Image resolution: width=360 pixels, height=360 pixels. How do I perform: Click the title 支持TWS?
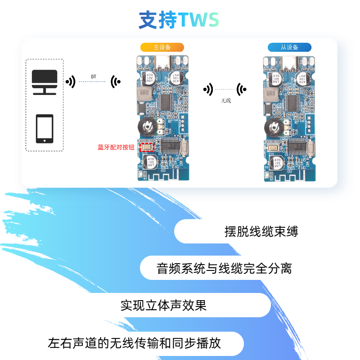(179, 20)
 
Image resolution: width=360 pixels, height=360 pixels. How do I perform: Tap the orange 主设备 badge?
(162, 47)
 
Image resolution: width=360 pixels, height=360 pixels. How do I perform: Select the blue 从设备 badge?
(289, 47)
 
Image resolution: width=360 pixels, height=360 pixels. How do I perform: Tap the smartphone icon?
(45, 129)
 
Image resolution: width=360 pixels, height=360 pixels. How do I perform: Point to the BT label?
(94, 77)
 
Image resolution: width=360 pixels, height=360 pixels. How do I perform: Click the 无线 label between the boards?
(225, 101)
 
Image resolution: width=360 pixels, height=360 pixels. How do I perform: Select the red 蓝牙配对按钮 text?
(116, 147)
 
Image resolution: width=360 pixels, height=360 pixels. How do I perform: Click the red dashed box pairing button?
(147, 146)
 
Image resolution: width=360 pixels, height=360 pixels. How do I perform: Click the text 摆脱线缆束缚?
(261, 232)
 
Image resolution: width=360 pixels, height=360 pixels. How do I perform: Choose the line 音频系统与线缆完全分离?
(224, 269)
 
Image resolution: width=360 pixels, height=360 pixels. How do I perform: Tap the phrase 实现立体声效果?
(163, 306)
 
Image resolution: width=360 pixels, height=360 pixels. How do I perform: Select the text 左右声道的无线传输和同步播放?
(134, 343)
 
